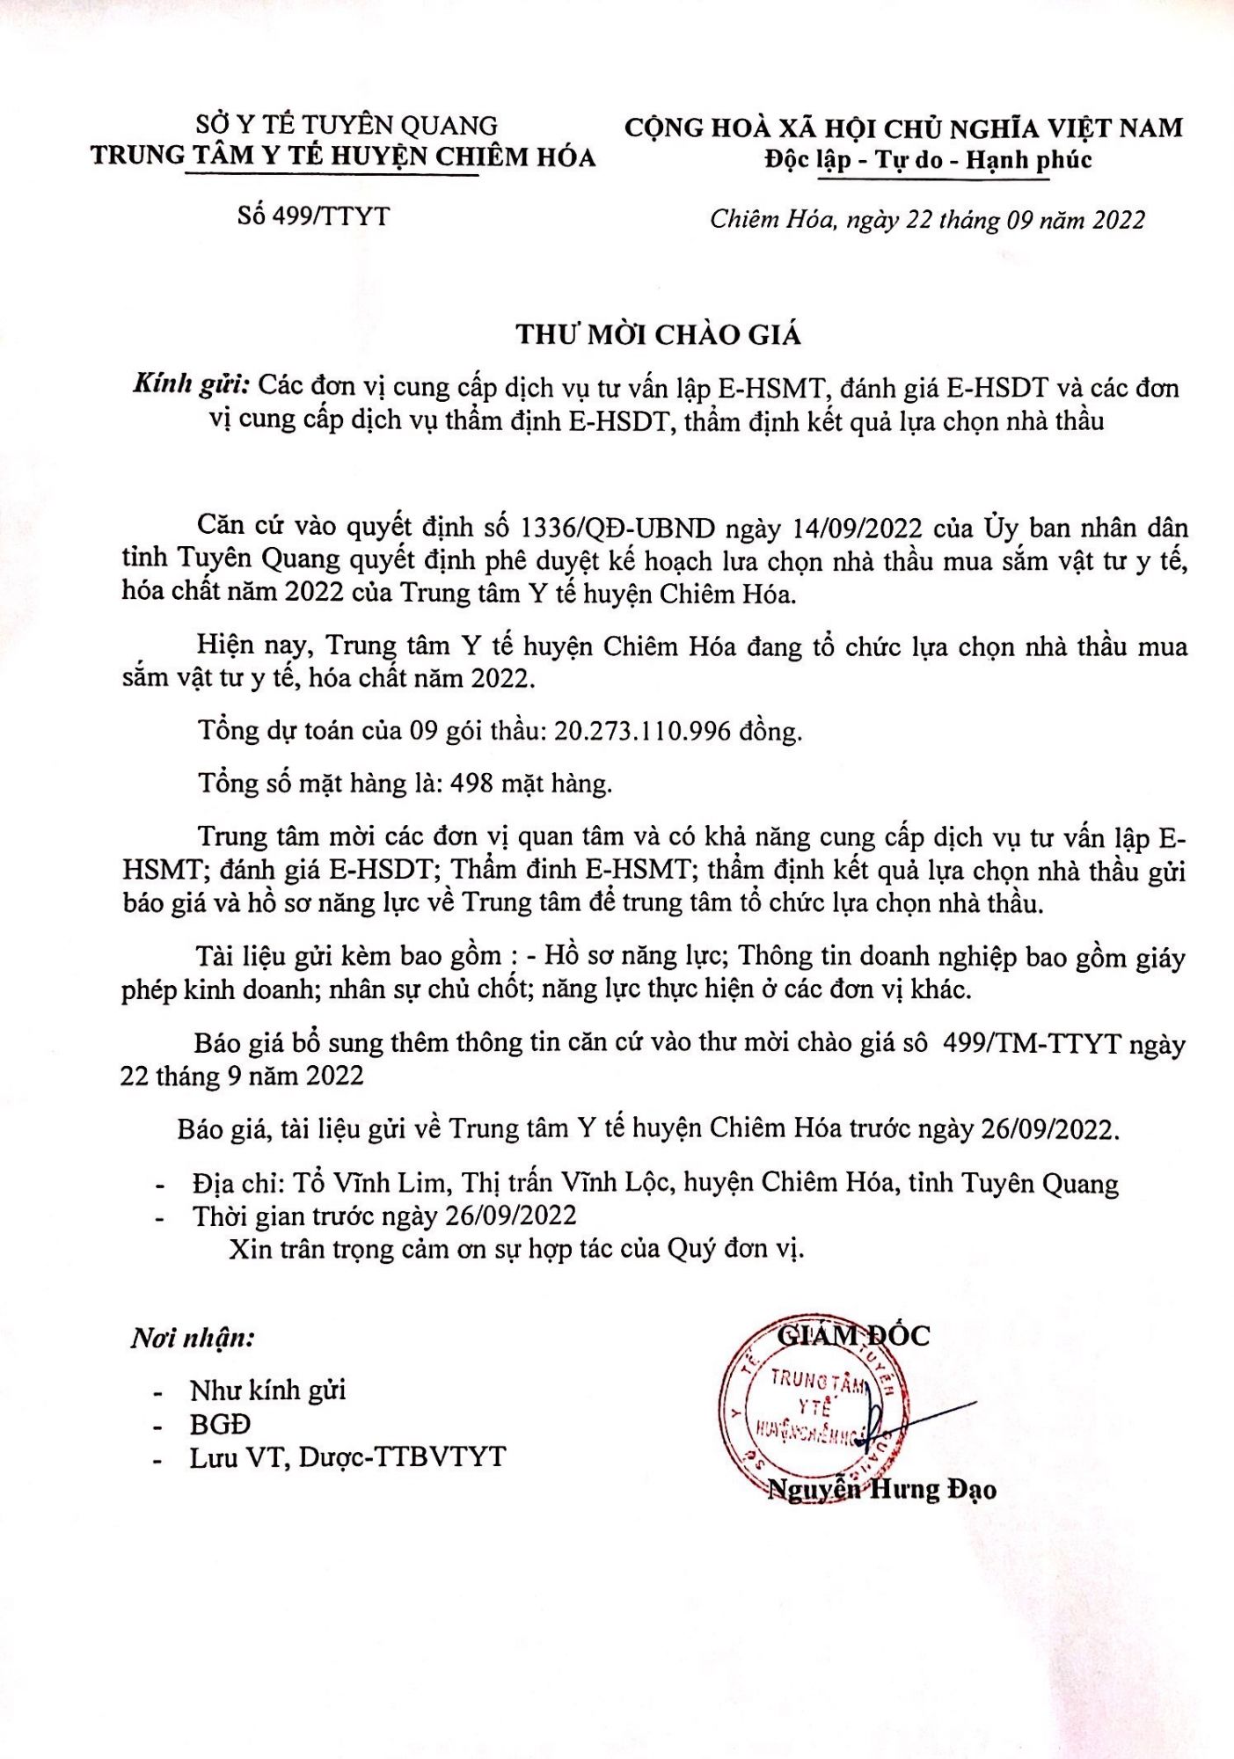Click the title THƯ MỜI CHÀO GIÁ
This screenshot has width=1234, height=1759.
point(658,335)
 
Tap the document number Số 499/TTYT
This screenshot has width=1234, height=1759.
point(313,216)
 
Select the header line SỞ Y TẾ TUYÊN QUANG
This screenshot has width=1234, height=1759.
point(347,125)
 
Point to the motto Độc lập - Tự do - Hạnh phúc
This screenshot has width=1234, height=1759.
point(928,160)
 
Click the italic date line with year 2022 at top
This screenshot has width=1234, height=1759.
point(927,219)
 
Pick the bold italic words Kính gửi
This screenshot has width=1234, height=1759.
point(193,385)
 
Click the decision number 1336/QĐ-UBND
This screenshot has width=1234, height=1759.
point(617,529)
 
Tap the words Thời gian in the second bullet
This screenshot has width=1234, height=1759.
point(250,1216)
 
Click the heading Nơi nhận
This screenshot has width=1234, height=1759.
point(193,1339)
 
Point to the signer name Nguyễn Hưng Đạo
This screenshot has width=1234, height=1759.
point(881,1489)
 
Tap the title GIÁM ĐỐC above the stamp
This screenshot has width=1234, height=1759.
point(852,1335)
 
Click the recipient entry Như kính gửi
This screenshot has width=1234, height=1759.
point(267,1390)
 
